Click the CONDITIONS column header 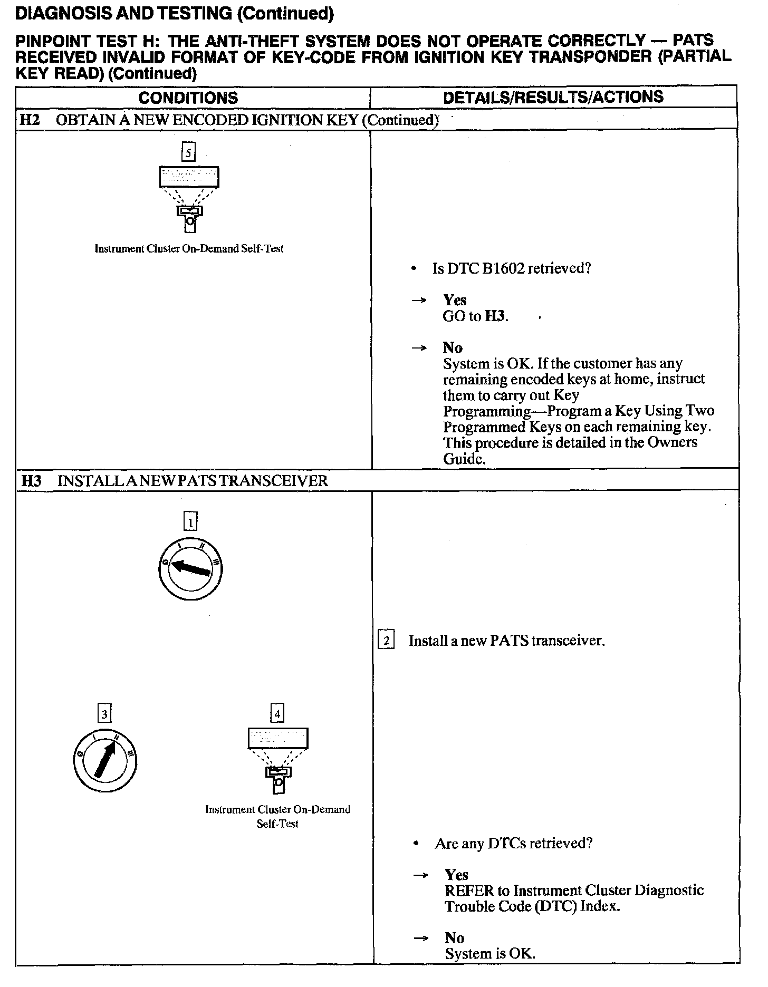(x=188, y=98)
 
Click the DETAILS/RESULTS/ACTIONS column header (x=553, y=97)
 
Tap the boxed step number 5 (x=188, y=153)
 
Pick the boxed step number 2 (x=386, y=641)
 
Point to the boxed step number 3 (x=105, y=714)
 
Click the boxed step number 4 (x=277, y=714)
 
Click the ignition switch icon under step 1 (x=190, y=570)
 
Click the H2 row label (x=30, y=120)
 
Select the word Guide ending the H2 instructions (x=463, y=459)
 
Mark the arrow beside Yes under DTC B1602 (x=419, y=301)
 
